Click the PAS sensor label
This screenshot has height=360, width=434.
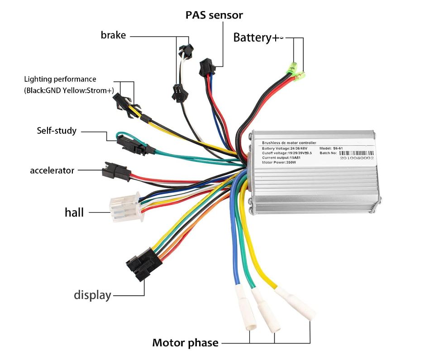(214, 15)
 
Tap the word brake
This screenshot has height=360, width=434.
(113, 35)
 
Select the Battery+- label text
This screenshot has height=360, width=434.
(258, 38)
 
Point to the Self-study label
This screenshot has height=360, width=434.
(57, 131)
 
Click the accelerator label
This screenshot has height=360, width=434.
(52, 171)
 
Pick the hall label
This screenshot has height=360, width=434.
(74, 212)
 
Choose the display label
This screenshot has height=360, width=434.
(92, 295)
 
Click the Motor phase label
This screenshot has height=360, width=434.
(185, 342)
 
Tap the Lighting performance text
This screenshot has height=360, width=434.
(60, 79)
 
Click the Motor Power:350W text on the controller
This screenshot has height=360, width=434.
(279, 162)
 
